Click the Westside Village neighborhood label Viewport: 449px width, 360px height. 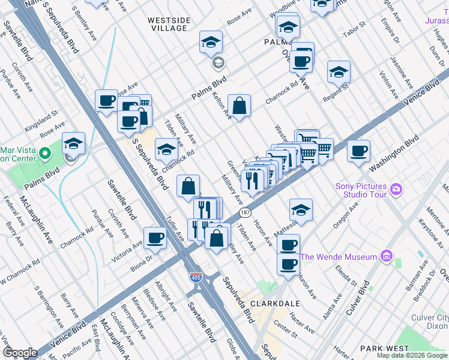click(x=169, y=24)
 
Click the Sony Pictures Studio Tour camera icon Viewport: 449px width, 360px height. click(x=396, y=190)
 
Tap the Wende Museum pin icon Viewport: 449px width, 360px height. click(x=386, y=257)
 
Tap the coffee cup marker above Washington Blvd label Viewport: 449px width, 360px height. click(x=358, y=151)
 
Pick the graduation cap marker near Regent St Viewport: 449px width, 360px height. click(x=339, y=72)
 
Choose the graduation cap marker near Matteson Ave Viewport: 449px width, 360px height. click(x=301, y=210)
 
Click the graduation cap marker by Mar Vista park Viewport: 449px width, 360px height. click(x=73, y=143)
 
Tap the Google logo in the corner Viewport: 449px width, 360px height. click(x=20, y=353)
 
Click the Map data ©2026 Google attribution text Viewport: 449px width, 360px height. click(x=412, y=355)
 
